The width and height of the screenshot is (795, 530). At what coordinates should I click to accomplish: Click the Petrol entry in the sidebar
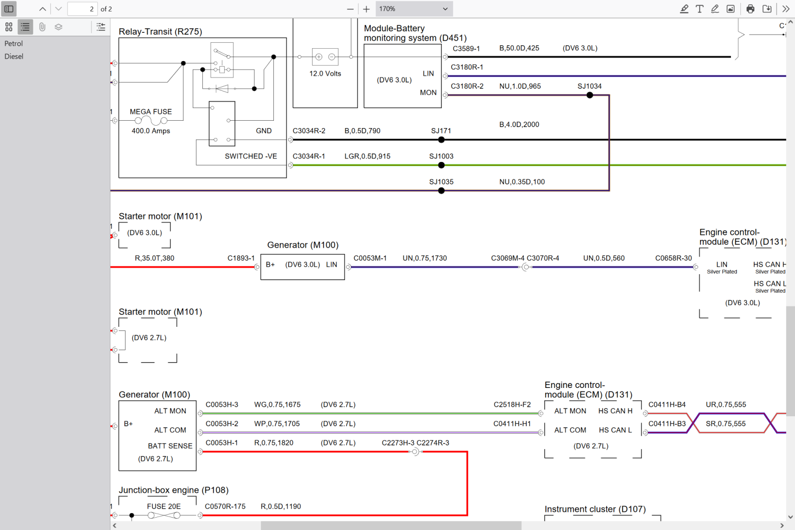tap(13, 43)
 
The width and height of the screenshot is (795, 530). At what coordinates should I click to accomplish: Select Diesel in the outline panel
tap(14, 56)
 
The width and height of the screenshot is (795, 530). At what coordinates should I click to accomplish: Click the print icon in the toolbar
tap(750, 9)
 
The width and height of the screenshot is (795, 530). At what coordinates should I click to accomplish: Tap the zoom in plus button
tap(366, 9)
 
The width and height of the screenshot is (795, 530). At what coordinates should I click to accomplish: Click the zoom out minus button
tap(350, 9)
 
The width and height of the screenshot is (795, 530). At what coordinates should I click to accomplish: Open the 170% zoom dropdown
tap(413, 9)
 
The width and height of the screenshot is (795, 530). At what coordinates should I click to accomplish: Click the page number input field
tap(82, 9)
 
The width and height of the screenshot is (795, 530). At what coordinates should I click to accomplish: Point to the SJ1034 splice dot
tap(589, 95)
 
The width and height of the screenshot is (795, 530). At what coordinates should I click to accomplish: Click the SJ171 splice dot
tap(441, 140)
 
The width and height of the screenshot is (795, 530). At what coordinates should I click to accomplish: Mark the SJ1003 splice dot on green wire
tap(441, 165)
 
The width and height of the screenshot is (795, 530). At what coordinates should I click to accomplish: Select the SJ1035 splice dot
tap(441, 191)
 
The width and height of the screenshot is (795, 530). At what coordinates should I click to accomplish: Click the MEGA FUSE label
tap(151, 111)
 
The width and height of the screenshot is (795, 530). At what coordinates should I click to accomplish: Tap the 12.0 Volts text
tap(325, 74)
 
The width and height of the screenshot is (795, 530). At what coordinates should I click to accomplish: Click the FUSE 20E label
tap(163, 506)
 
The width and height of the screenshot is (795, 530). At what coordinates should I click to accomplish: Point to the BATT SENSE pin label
tap(170, 446)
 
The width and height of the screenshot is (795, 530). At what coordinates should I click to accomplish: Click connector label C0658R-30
tap(673, 258)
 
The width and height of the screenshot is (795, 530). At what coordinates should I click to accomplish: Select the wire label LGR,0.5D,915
tap(367, 156)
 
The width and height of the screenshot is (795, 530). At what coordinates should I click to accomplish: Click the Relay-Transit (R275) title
tap(160, 32)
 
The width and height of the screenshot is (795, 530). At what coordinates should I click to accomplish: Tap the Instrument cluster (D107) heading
tap(595, 509)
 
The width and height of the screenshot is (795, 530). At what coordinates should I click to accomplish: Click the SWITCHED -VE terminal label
tap(251, 156)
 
